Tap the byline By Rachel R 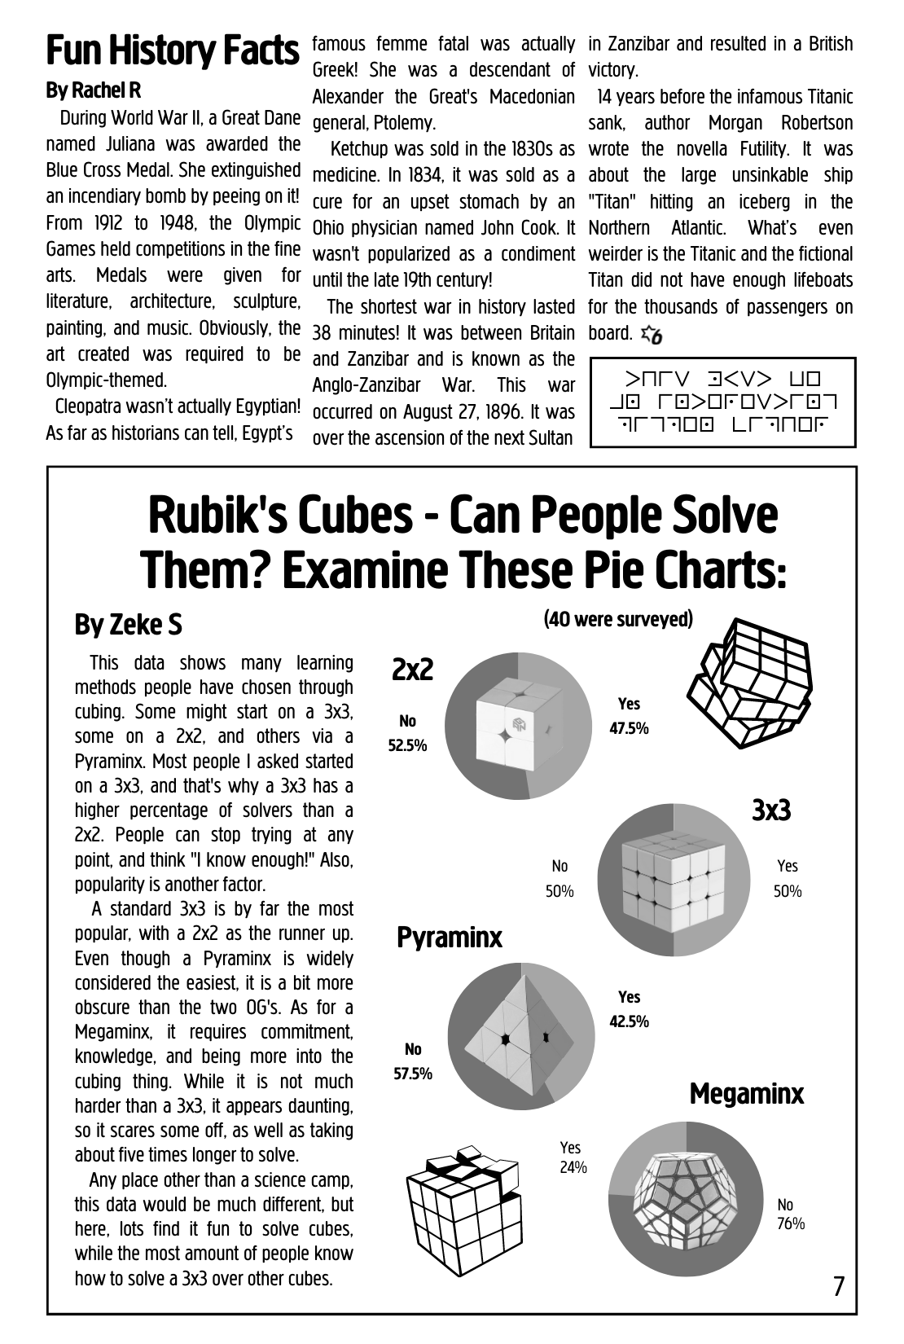pos(94,90)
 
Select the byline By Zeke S pos(129,625)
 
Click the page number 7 pos(838,1286)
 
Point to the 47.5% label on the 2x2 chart pos(629,729)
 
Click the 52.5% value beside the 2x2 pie pos(407,745)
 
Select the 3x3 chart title pos(770,810)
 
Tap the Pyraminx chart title pos(450,938)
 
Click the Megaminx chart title pos(746,1094)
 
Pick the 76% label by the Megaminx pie pos(789,1223)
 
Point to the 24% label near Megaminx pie pos(573,1168)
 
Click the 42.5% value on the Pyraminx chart pos(629,1021)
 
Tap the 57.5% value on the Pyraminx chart pos(413,1074)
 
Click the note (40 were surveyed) pos(618,620)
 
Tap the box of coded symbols pos(722,402)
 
